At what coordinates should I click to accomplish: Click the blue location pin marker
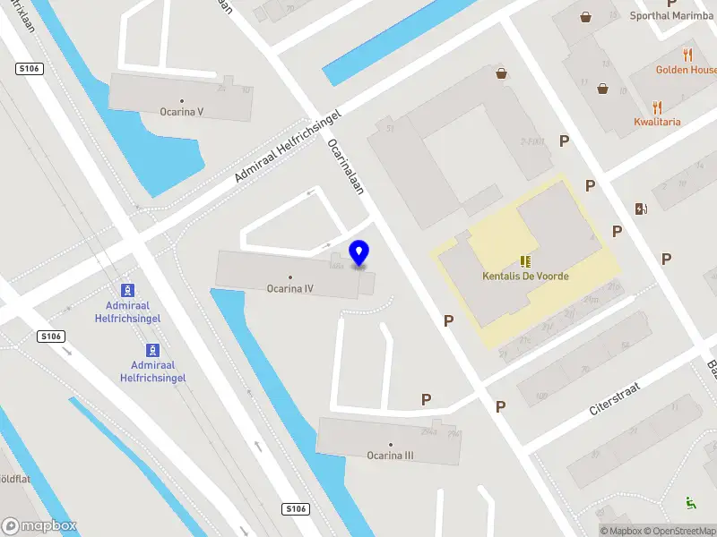click(x=359, y=253)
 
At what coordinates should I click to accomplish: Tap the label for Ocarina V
click(x=182, y=112)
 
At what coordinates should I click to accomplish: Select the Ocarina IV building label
click(x=289, y=288)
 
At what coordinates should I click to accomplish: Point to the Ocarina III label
click(x=390, y=455)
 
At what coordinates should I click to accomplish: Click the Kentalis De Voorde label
click(x=525, y=277)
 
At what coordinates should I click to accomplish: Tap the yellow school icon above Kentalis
click(x=525, y=261)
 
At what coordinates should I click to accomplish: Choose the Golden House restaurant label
click(x=686, y=70)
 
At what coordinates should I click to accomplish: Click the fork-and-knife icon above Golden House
click(x=687, y=55)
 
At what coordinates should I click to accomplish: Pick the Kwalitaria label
click(x=657, y=122)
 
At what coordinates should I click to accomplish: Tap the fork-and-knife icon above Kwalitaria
click(x=657, y=107)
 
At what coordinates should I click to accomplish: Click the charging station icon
click(x=641, y=209)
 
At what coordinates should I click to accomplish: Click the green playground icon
click(x=690, y=503)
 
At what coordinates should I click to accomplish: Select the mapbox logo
click(x=39, y=525)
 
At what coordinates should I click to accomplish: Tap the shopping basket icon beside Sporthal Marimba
click(x=585, y=16)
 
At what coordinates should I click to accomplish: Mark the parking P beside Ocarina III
click(x=427, y=399)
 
